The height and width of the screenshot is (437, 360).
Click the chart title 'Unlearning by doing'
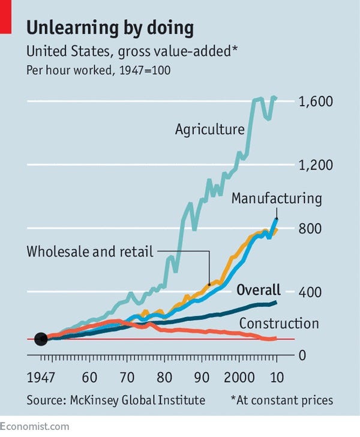click(110, 28)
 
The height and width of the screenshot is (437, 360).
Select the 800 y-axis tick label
click(311, 228)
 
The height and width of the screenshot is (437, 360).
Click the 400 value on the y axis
click(311, 292)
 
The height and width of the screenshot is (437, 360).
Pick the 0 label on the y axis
click(302, 355)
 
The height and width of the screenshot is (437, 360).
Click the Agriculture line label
click(209, 129)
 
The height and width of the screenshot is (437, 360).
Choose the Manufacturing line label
click(277, 198)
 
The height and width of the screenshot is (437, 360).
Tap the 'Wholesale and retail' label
click(91, 251)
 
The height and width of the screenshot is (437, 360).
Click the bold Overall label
click(259, 291)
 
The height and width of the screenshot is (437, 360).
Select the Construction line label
click(278, 324)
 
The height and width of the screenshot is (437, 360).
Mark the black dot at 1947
click(41, 339)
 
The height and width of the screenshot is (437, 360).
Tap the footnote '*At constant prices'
click(281, 400)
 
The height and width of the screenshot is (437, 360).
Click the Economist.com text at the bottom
click(35, 427)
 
